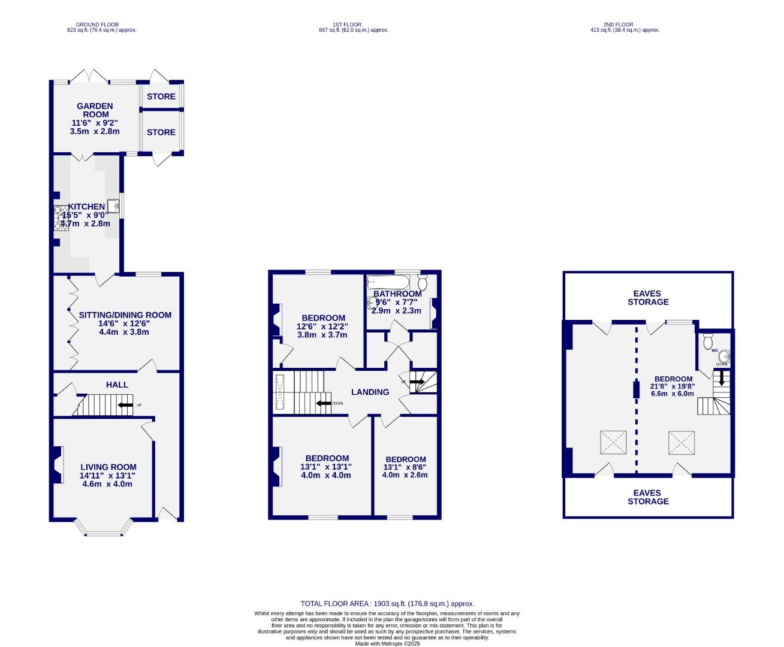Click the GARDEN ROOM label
(95, 110)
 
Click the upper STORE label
(161, 96)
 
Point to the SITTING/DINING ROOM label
(125, 315)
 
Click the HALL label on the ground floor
(117, 385)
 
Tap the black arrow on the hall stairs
(125, 406)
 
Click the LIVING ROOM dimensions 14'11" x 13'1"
(108, 476)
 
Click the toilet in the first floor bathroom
(423, 283)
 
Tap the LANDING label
(370, 392)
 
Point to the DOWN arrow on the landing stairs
(324, 403)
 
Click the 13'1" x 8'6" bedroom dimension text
(405, 467)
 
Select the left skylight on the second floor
(613, 443)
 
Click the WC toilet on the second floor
(708, 342)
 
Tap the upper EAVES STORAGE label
(647, 298)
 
